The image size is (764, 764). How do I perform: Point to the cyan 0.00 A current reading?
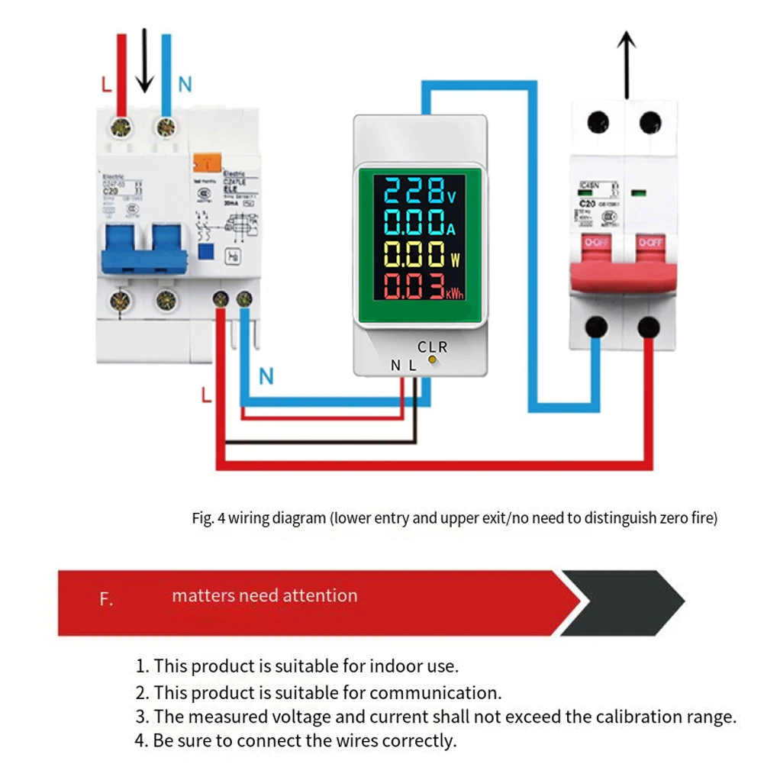click(410, 222)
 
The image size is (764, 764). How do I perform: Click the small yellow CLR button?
click(432, 359)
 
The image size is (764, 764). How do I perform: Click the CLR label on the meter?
click(432, 347)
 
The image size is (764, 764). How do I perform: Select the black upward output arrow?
click(626, 64)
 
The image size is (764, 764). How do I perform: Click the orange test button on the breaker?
click(205, 163)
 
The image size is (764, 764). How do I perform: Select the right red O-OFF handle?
click(650, 244)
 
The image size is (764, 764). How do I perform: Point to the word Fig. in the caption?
click(202, 518)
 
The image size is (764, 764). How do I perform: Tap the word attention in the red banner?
click(323, 595)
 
